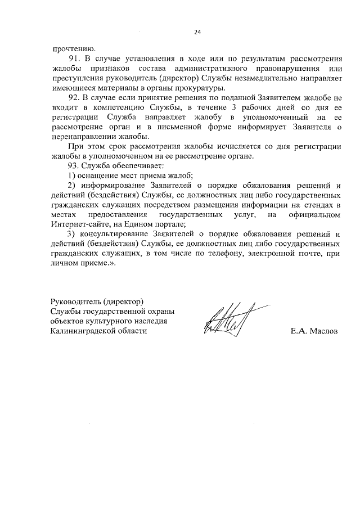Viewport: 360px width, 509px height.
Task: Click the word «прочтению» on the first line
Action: tap(68, 48)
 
